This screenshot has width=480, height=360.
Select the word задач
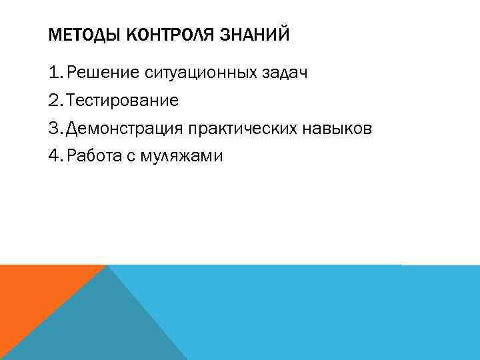click(x=287, y=73)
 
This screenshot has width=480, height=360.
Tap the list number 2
click(x=55, y=101)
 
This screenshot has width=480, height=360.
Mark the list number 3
click(x=55, y=128)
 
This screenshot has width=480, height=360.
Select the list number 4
click(x=55, y=156)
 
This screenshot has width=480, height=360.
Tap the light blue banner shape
click(x=320, y=313)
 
